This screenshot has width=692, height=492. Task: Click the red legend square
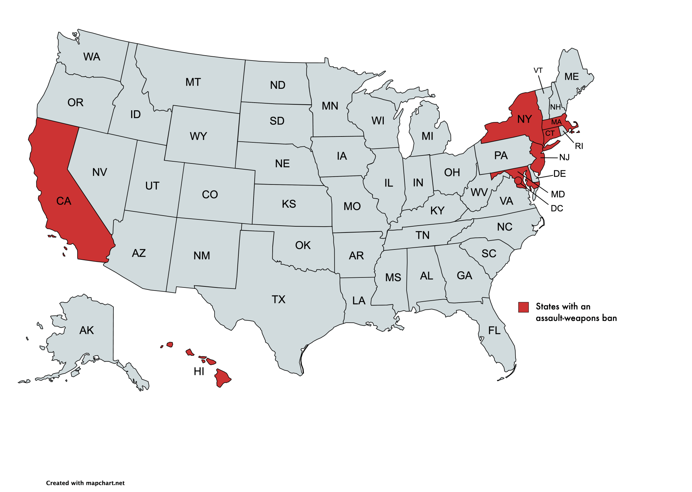click(x=523, y=307)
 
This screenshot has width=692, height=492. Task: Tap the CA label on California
click(x=64, y=201)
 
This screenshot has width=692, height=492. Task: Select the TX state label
click(x=278, y=299)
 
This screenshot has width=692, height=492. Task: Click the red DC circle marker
click(x=518, y=180)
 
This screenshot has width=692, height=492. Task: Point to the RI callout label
click(x=579, y=146)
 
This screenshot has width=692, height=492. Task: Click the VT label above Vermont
click(x=538, y=70)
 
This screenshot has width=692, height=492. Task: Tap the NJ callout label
click(x=564, y=158)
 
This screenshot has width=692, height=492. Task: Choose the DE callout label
click(x=559, y=173)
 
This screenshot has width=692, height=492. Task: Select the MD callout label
click(x=558, y=194)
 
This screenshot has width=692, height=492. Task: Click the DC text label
click(x=557, y=208)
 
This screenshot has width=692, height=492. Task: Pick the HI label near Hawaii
click(x=199, y=371)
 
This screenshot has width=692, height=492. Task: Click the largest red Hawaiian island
click(x=222, y=378)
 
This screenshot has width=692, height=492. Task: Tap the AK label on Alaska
click(x=86, y=330)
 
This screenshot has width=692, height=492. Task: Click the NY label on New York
click(x=524, y=119)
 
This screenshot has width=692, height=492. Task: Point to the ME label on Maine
click(x=571, y=77)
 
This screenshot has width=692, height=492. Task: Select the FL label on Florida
click(x=494, y=331)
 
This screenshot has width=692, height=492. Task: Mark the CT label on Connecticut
click(x=550, y=133)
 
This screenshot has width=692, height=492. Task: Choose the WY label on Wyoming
click(x=198, y=136)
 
